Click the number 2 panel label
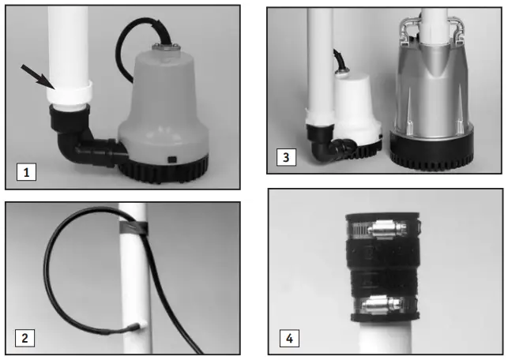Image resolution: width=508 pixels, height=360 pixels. pos(26,339)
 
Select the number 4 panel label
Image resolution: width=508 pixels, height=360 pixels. pos(290,340)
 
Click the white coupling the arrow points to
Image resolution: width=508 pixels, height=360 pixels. pos(70,95)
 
